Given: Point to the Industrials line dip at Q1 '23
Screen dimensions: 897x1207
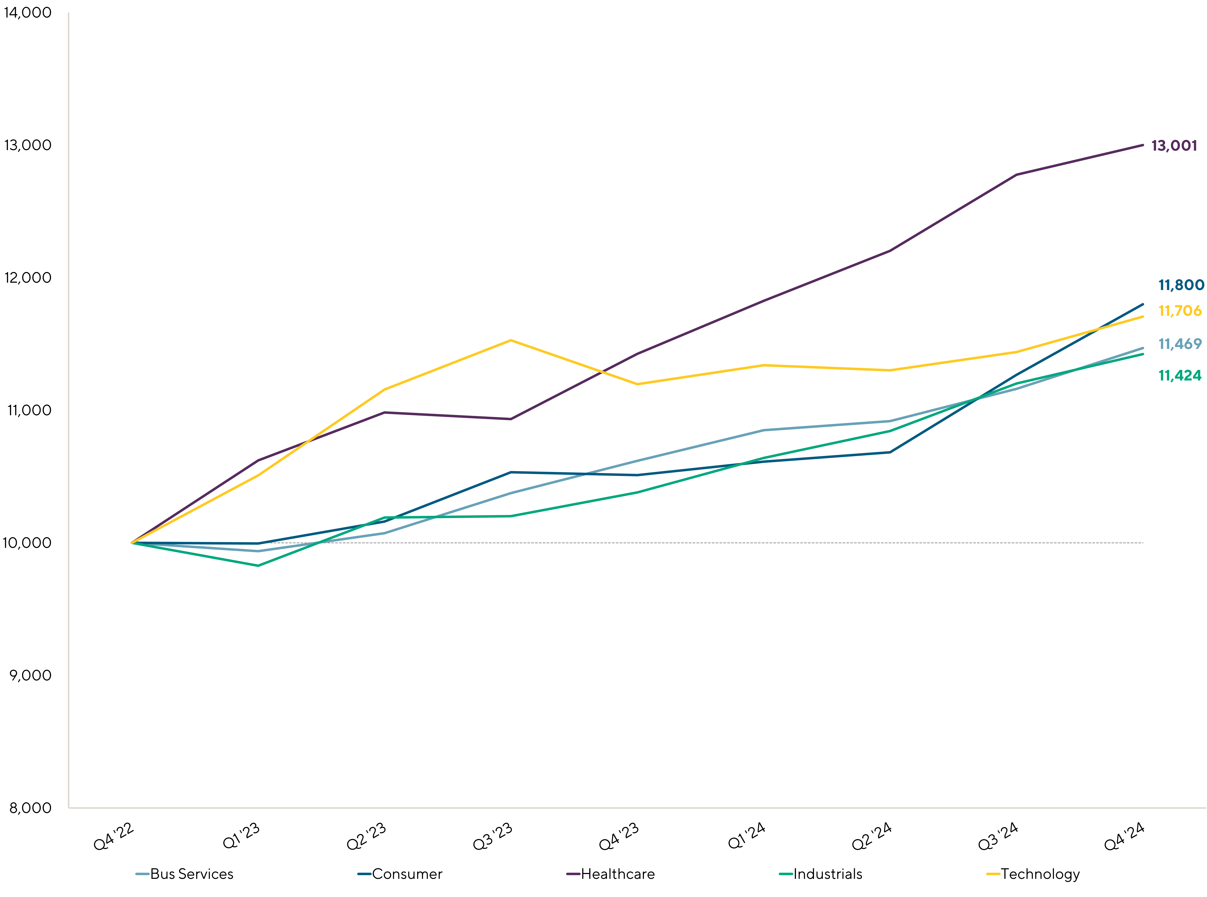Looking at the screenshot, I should click(x=258, y=565).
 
